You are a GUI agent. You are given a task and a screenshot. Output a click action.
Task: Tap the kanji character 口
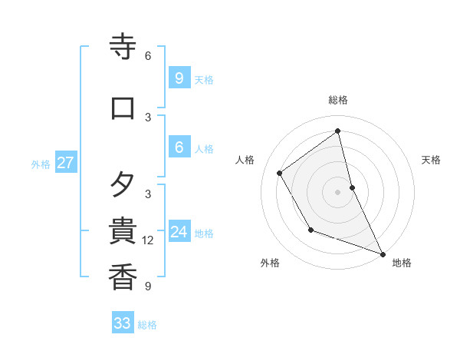[123, 108]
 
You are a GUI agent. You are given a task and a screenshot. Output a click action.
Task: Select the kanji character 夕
[123, 185]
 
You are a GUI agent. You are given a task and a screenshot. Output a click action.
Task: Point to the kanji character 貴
[123, 231]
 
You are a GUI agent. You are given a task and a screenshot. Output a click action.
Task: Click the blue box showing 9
[179, 78]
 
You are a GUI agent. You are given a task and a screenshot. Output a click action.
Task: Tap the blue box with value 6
[179, 147]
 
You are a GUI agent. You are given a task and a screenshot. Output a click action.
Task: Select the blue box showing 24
[179, 231]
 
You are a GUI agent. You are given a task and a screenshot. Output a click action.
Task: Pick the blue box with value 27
[66, 163]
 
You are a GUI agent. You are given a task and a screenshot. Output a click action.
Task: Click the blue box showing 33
[123, 323]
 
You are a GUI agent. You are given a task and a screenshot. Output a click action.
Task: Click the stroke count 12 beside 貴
[149, 240]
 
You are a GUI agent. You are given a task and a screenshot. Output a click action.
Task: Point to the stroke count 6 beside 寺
[148, 56]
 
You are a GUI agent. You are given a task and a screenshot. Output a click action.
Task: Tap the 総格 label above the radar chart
[338, 100]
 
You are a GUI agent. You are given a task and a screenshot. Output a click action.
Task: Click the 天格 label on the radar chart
[431, 160]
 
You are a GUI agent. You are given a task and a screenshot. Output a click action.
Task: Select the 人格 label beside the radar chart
[245, 160]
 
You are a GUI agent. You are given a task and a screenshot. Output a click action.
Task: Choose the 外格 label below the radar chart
[270, 263]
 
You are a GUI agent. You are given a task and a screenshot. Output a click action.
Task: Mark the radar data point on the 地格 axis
[383, 254]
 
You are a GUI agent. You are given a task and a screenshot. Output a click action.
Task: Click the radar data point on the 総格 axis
[338, 131]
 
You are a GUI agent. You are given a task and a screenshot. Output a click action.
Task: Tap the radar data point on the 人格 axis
[280, 173]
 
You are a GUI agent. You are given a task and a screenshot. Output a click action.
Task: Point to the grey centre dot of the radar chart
[338, 191]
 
